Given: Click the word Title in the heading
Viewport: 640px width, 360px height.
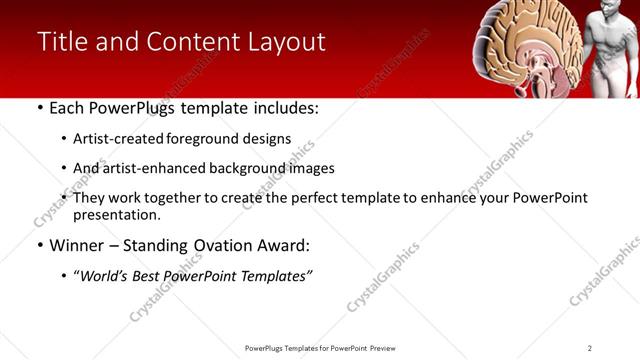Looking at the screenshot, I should click(63, 42).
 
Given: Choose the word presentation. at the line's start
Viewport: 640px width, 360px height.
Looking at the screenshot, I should click(117, 215).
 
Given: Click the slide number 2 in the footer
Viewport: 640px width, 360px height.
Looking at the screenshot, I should click(590, 347).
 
